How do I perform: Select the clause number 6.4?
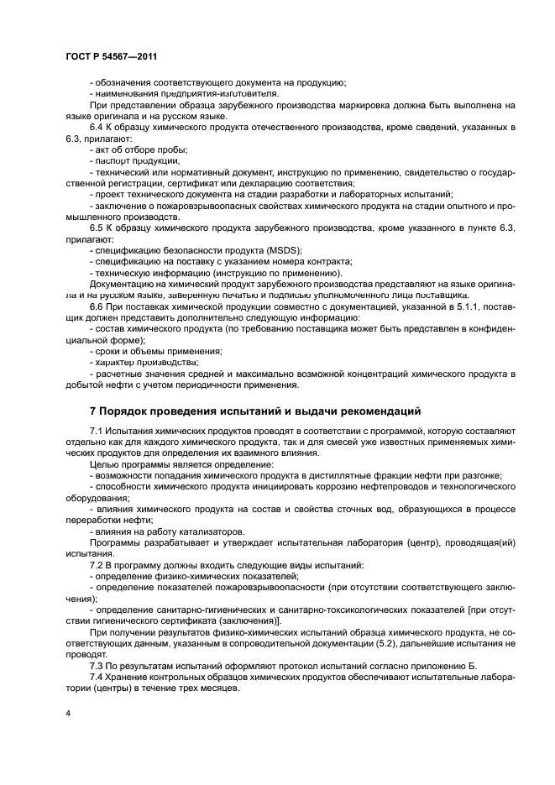point(97,127)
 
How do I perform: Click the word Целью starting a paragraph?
point(104,463)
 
